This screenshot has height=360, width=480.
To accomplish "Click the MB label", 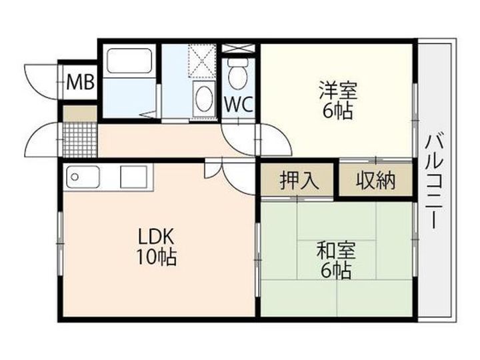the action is tap(81, 82).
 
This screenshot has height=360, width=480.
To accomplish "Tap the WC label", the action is tap(239, 104).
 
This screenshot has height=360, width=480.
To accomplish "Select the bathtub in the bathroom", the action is tap(129, 61).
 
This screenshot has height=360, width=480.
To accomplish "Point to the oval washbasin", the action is tap(204, 98).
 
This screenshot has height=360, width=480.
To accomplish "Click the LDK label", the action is tap(156, 236).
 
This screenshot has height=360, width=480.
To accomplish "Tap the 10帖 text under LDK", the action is tap(156, 257).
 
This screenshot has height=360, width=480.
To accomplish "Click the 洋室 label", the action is tap(338, 90).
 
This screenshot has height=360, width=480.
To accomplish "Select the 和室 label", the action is tap(336, 251).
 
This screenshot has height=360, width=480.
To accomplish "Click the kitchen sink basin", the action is tap(83, 177).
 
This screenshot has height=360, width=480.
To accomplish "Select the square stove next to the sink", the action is tap(134, 177).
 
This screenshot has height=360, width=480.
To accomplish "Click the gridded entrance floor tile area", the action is tap(80, 139).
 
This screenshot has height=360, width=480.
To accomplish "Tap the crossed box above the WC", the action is tap(238, 49).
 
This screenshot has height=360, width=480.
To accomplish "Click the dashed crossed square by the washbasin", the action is tap(203, 60).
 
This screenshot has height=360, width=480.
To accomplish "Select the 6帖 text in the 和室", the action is tap(336, 271).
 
